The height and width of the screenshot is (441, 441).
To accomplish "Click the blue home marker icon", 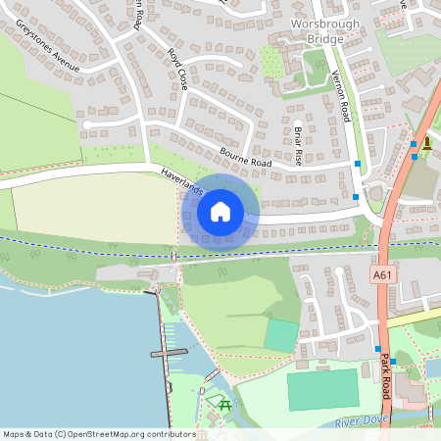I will point(220,211).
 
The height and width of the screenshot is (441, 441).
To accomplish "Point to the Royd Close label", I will point(176,68).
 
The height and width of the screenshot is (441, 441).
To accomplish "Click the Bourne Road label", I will point(245,154).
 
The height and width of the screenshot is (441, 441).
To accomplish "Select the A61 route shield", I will point(385,275).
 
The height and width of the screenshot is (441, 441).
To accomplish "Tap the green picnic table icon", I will point(223,403).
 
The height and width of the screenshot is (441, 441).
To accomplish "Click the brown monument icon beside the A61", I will point(427,143).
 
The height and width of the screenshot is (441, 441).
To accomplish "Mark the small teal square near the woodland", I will point(280,335).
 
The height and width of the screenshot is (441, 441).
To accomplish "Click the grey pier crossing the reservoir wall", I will point(168,352).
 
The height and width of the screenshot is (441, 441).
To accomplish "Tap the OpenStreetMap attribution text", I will point(98,433).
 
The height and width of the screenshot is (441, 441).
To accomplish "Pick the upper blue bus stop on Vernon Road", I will point(357,162).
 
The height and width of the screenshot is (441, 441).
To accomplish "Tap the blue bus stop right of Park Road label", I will point(394,362).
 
